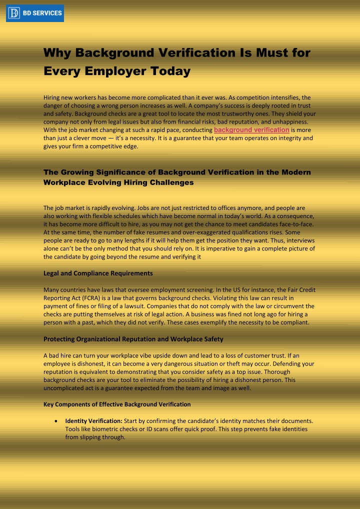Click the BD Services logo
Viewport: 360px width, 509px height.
tap(35, 13)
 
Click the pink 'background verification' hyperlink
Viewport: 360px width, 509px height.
tap(251, 130)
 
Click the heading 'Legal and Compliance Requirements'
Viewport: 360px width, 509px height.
tap(98, 273)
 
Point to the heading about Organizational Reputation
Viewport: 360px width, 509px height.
tap(133, 339)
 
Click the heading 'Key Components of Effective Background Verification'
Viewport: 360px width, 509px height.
tap(117, 404)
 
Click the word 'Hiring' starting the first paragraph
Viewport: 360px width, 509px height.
tap(52, 97)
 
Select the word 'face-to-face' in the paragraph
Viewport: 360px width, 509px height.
tap(296, 224)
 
